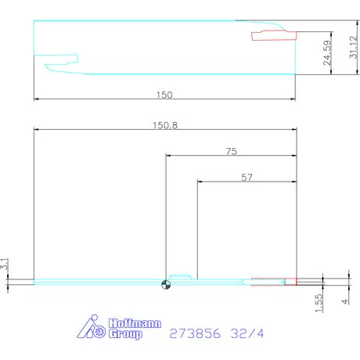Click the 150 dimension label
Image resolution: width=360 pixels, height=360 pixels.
tap(164, 95)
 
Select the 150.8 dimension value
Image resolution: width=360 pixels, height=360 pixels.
tap(165, 125)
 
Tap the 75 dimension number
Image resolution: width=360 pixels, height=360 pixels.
tap(232, 151)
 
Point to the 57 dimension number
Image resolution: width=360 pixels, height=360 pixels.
tap(247, 178)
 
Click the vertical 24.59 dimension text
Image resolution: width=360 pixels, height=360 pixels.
tap(327, 52)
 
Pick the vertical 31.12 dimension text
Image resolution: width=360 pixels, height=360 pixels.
tap(353, 47)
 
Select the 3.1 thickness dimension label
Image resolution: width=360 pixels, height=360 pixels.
tap(5, 264)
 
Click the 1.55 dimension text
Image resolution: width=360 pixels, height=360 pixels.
tap(319, 303)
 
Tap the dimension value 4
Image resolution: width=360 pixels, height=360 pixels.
tap(345, 301)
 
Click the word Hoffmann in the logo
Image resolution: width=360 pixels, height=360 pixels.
tap(135, 323)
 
